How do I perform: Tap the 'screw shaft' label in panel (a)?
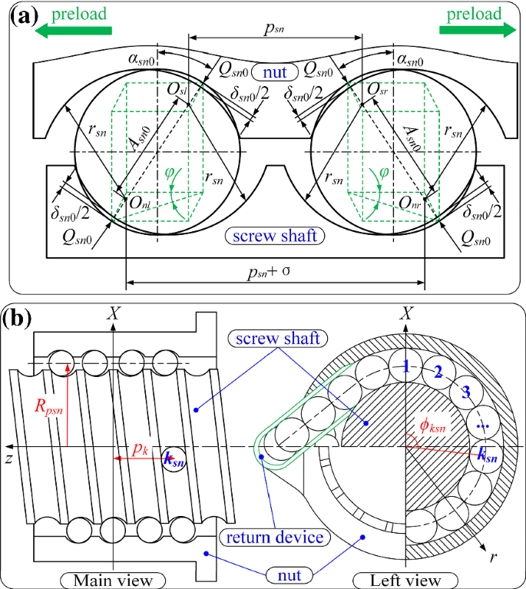[274, 236]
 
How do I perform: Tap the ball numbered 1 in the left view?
[406, 367]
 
